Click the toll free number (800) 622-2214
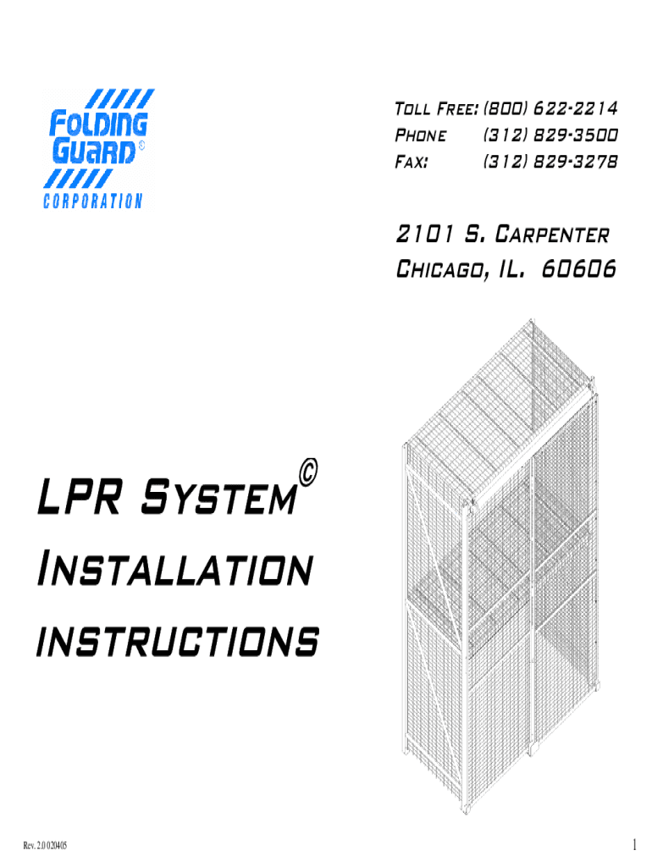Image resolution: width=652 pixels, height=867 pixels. tap(550, 110)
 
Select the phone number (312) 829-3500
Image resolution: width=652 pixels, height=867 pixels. tap(550, 135)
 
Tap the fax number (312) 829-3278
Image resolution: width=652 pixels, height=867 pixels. tap(550, 161)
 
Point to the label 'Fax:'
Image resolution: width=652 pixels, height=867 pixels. tap(412, 161)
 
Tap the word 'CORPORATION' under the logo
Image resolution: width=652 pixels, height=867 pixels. tap(92, 201)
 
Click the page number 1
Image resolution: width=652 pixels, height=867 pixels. tap(633, 843)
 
